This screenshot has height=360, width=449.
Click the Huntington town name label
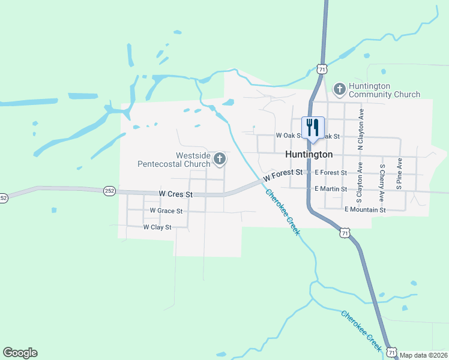(309, 154)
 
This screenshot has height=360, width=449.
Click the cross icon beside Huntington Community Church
(339, 90)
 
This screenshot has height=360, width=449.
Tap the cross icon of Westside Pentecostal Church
(220, 159)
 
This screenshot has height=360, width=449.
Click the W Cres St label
(176, 194)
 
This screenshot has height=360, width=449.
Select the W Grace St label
(166, 211)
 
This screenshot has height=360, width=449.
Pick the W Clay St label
(157, 227)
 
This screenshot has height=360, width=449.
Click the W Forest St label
(282, 175)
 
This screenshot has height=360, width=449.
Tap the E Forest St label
(330, 173)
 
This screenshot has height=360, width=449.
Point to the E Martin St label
(331, 189)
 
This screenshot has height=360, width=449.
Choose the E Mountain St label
(365, 209)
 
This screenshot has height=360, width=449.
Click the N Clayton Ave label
(361, 129)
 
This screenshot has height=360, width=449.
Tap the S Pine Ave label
(399, 174)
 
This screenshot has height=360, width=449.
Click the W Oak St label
(288, 136)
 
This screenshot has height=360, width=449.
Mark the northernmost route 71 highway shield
(322, 70)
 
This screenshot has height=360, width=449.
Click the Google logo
(20, 353)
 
